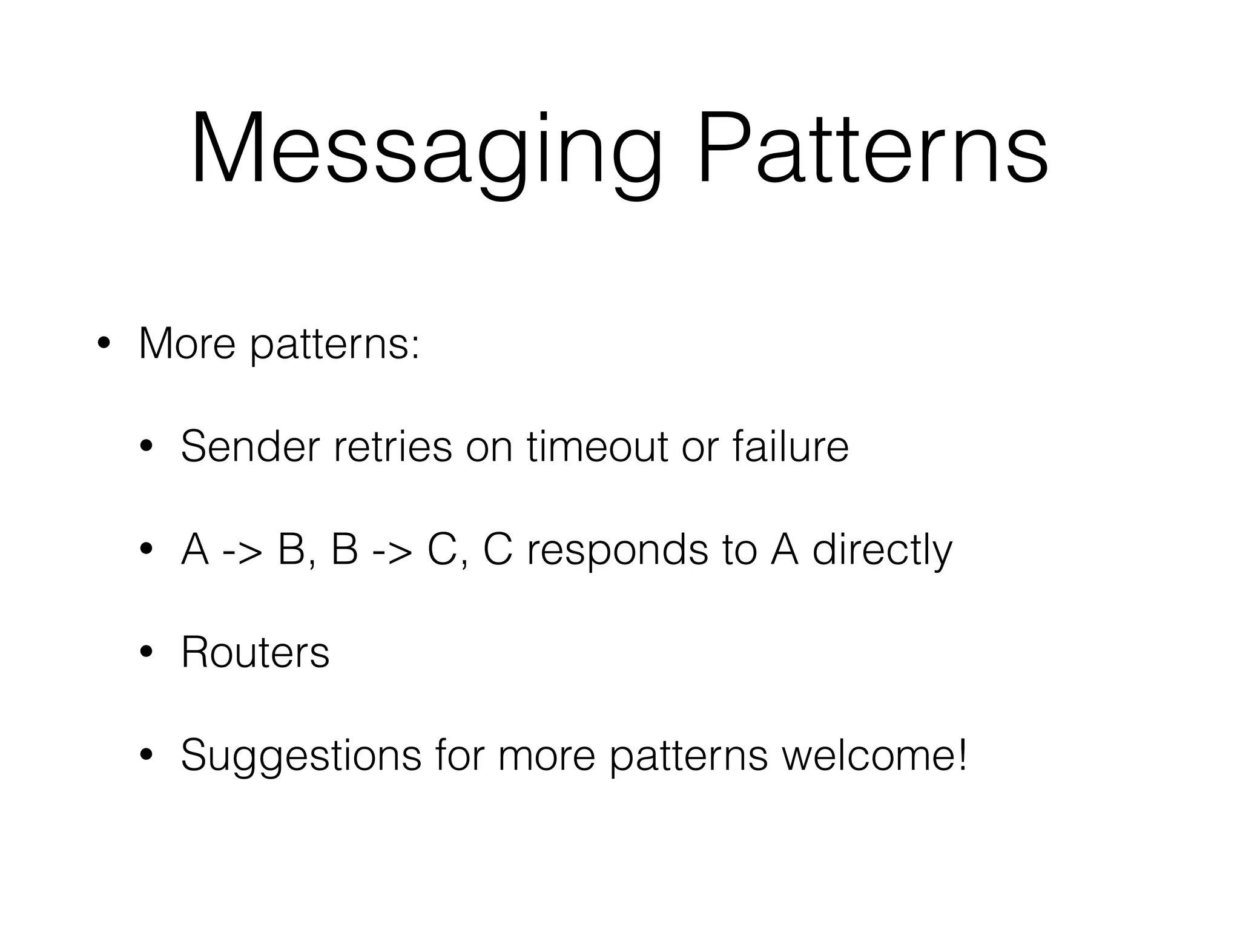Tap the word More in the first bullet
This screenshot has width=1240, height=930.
(x=186, y=344)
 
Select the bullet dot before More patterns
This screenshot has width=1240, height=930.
(x=104, y=344)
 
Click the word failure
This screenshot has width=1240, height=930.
(x=790, y=446)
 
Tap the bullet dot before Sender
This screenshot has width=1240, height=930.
(x=146, y=447)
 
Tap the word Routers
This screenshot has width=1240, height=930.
(x=255, y=653)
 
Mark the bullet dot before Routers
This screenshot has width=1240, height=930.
(x=146, y=653)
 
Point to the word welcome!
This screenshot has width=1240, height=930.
(x=874, y=755)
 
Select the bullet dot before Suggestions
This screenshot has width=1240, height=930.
(x=146, y=756)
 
